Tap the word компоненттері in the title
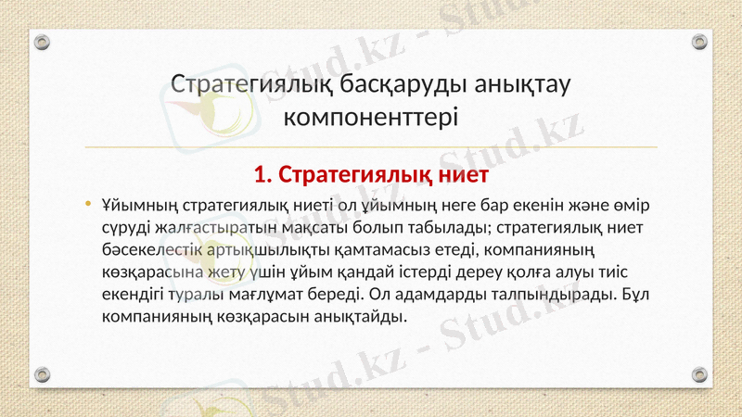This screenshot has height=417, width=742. coord(370,118)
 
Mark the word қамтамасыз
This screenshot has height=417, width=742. coord(396,250)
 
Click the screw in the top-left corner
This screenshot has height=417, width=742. coord(42,42)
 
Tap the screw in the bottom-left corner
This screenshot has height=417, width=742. coord(42,374)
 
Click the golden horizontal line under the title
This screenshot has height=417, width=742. coord(371,146)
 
